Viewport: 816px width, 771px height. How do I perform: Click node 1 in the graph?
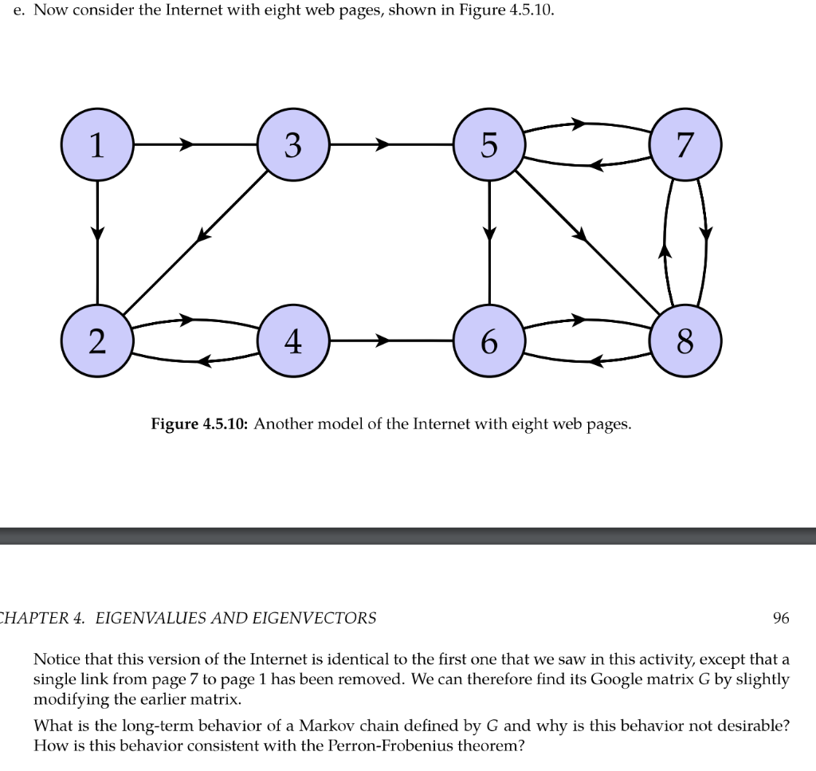97,145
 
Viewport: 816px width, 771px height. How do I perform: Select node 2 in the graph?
97,341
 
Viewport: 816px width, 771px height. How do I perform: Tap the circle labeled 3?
293,145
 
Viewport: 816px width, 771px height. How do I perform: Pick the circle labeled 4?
293,341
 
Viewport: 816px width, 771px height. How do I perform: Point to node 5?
489,145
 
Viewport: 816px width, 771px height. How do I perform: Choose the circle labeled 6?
489,341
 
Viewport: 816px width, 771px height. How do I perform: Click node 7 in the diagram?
685,145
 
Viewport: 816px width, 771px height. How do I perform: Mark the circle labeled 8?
685,341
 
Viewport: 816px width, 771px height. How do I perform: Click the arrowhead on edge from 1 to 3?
187,145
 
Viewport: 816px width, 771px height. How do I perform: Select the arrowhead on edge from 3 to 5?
383,145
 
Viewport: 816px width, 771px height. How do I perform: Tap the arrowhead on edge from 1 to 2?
97,234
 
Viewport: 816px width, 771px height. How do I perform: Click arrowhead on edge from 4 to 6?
383,341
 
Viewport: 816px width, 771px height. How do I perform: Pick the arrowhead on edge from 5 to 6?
489,234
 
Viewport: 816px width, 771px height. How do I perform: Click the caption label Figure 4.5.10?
200,424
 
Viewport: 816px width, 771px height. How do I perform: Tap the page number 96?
781,618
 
